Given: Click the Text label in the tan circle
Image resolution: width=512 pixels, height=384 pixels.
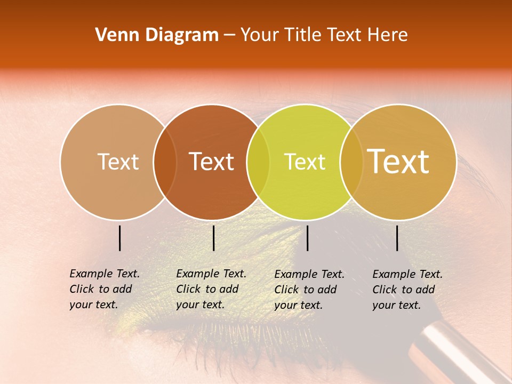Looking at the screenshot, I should pyautogui.click(x=118, y=162).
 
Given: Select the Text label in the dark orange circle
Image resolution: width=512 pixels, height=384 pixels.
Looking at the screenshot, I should pyautogui.click(x=211, y=162).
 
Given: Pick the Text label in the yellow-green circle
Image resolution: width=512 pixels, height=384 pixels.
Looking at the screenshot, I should pyautogui.click(x=305, y=162).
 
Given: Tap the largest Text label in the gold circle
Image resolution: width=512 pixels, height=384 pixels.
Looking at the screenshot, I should pyautogui.click(x=398, y=162).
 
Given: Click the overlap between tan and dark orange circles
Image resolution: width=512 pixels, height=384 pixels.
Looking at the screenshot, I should pyautogui.click(x=165, y=162).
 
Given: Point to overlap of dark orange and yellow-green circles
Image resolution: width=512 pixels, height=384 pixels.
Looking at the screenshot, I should pyautogui.click(x=258, y=162).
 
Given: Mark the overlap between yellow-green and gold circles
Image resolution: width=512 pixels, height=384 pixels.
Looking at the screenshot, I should pyautogui.click(x=351, y=162).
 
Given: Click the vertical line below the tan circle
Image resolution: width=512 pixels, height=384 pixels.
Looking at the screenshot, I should pyautogui.click(x=120, y=238).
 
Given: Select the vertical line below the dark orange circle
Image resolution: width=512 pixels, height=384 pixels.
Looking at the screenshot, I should pyautogui.click(x=213, y=238).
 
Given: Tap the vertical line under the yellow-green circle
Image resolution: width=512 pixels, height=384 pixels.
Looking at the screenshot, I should pyautogui.click(x=308, y=238).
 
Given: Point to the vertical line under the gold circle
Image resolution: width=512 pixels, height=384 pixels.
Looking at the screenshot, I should pyautogui.click(x=397, y=238).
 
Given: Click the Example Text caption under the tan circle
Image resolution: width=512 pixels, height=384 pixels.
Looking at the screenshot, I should pyautogui.click(x=104, y=289).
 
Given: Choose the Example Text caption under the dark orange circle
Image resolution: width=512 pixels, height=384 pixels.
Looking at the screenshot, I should pyautogui.click(x=211, y=289).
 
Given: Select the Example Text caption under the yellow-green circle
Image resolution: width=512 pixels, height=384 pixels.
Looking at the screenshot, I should pyautogui.click(x=309, y=290).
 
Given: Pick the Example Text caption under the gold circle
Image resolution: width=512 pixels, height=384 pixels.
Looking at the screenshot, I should pyautogui.click(x=407, y=290).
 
